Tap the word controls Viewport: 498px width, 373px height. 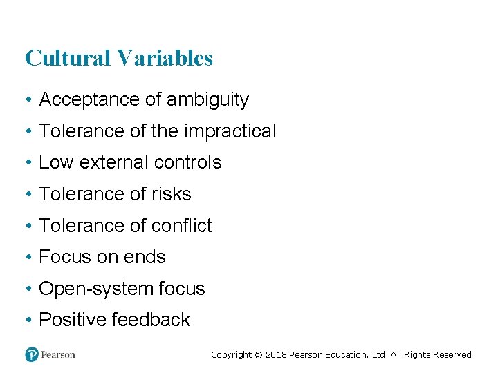[x=189, y=162]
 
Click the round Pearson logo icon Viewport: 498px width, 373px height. [x=32, y=354]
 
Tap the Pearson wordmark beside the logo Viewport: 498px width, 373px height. [x=58, y=354]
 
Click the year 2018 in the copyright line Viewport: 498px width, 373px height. [x=277, y=354]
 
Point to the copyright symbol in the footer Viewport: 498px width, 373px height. [x=259, y=354]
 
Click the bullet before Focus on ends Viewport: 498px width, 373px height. [x=28, y=257]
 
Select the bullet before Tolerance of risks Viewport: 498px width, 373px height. [x=28, y=194]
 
